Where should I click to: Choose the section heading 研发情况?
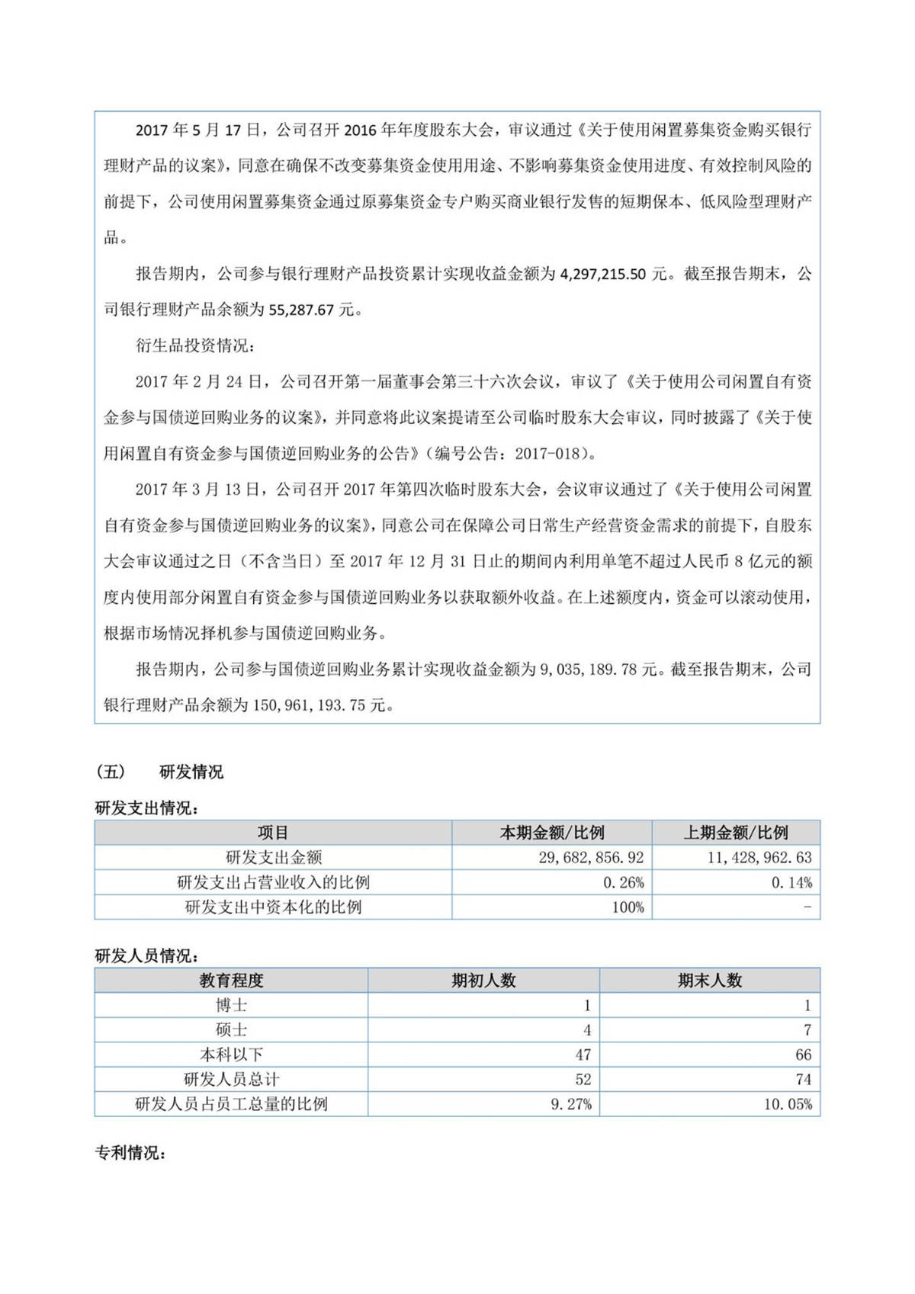coord(191,772)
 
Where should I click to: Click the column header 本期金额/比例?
coord(551,833)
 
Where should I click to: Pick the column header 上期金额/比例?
coord(736,833)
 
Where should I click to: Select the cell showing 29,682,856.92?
coord(591,858)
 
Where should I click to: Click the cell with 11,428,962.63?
coord(759,858)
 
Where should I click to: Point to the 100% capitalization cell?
coord(628,907)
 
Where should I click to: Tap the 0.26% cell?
coord(624,883)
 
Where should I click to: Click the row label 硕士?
coord(231,1030)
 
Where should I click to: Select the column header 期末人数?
coord(710,981)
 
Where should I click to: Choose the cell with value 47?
coord(583,1055)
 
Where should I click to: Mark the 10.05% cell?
coord(788,1104)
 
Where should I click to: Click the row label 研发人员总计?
coord(231,1080)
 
